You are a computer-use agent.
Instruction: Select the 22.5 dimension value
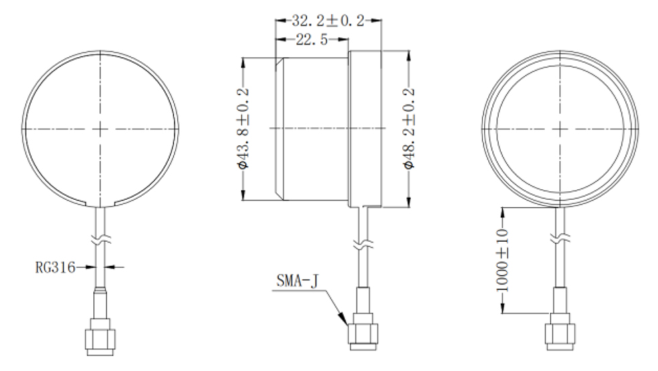tap(311, 40)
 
